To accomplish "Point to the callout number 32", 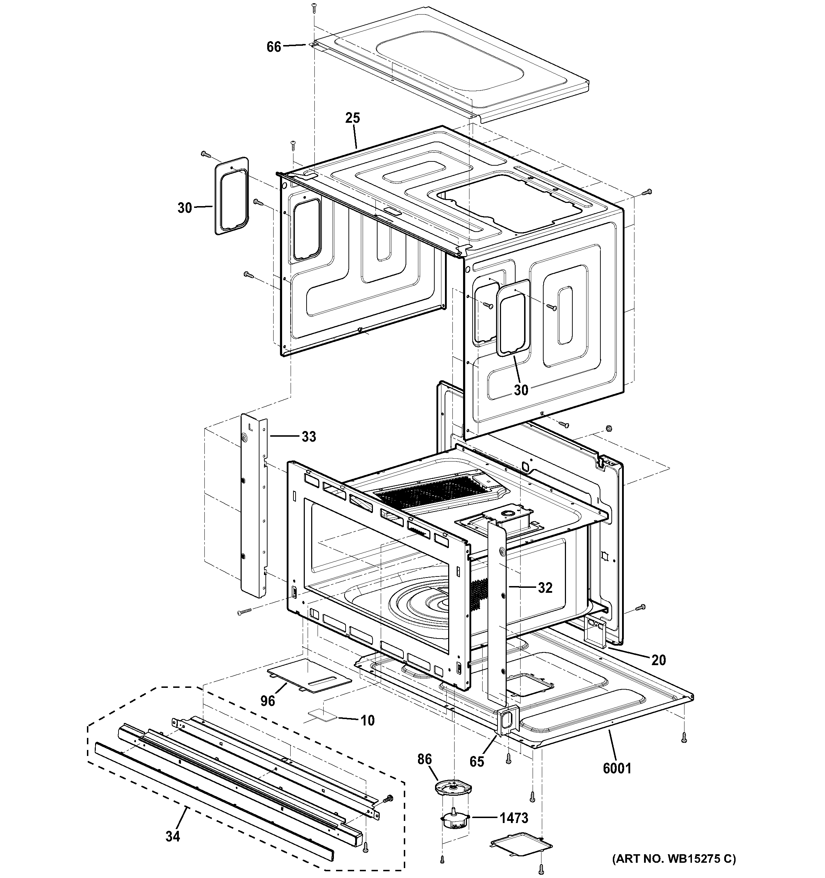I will tap(545, 588).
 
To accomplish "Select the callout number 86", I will tap(424, 759).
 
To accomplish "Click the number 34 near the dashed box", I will tap(173, 836).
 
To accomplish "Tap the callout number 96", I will tap(268, 701).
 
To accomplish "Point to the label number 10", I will tap(368, 721).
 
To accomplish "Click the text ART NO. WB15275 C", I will tap(673, 859).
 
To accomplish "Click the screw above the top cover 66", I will tap(314, 8).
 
